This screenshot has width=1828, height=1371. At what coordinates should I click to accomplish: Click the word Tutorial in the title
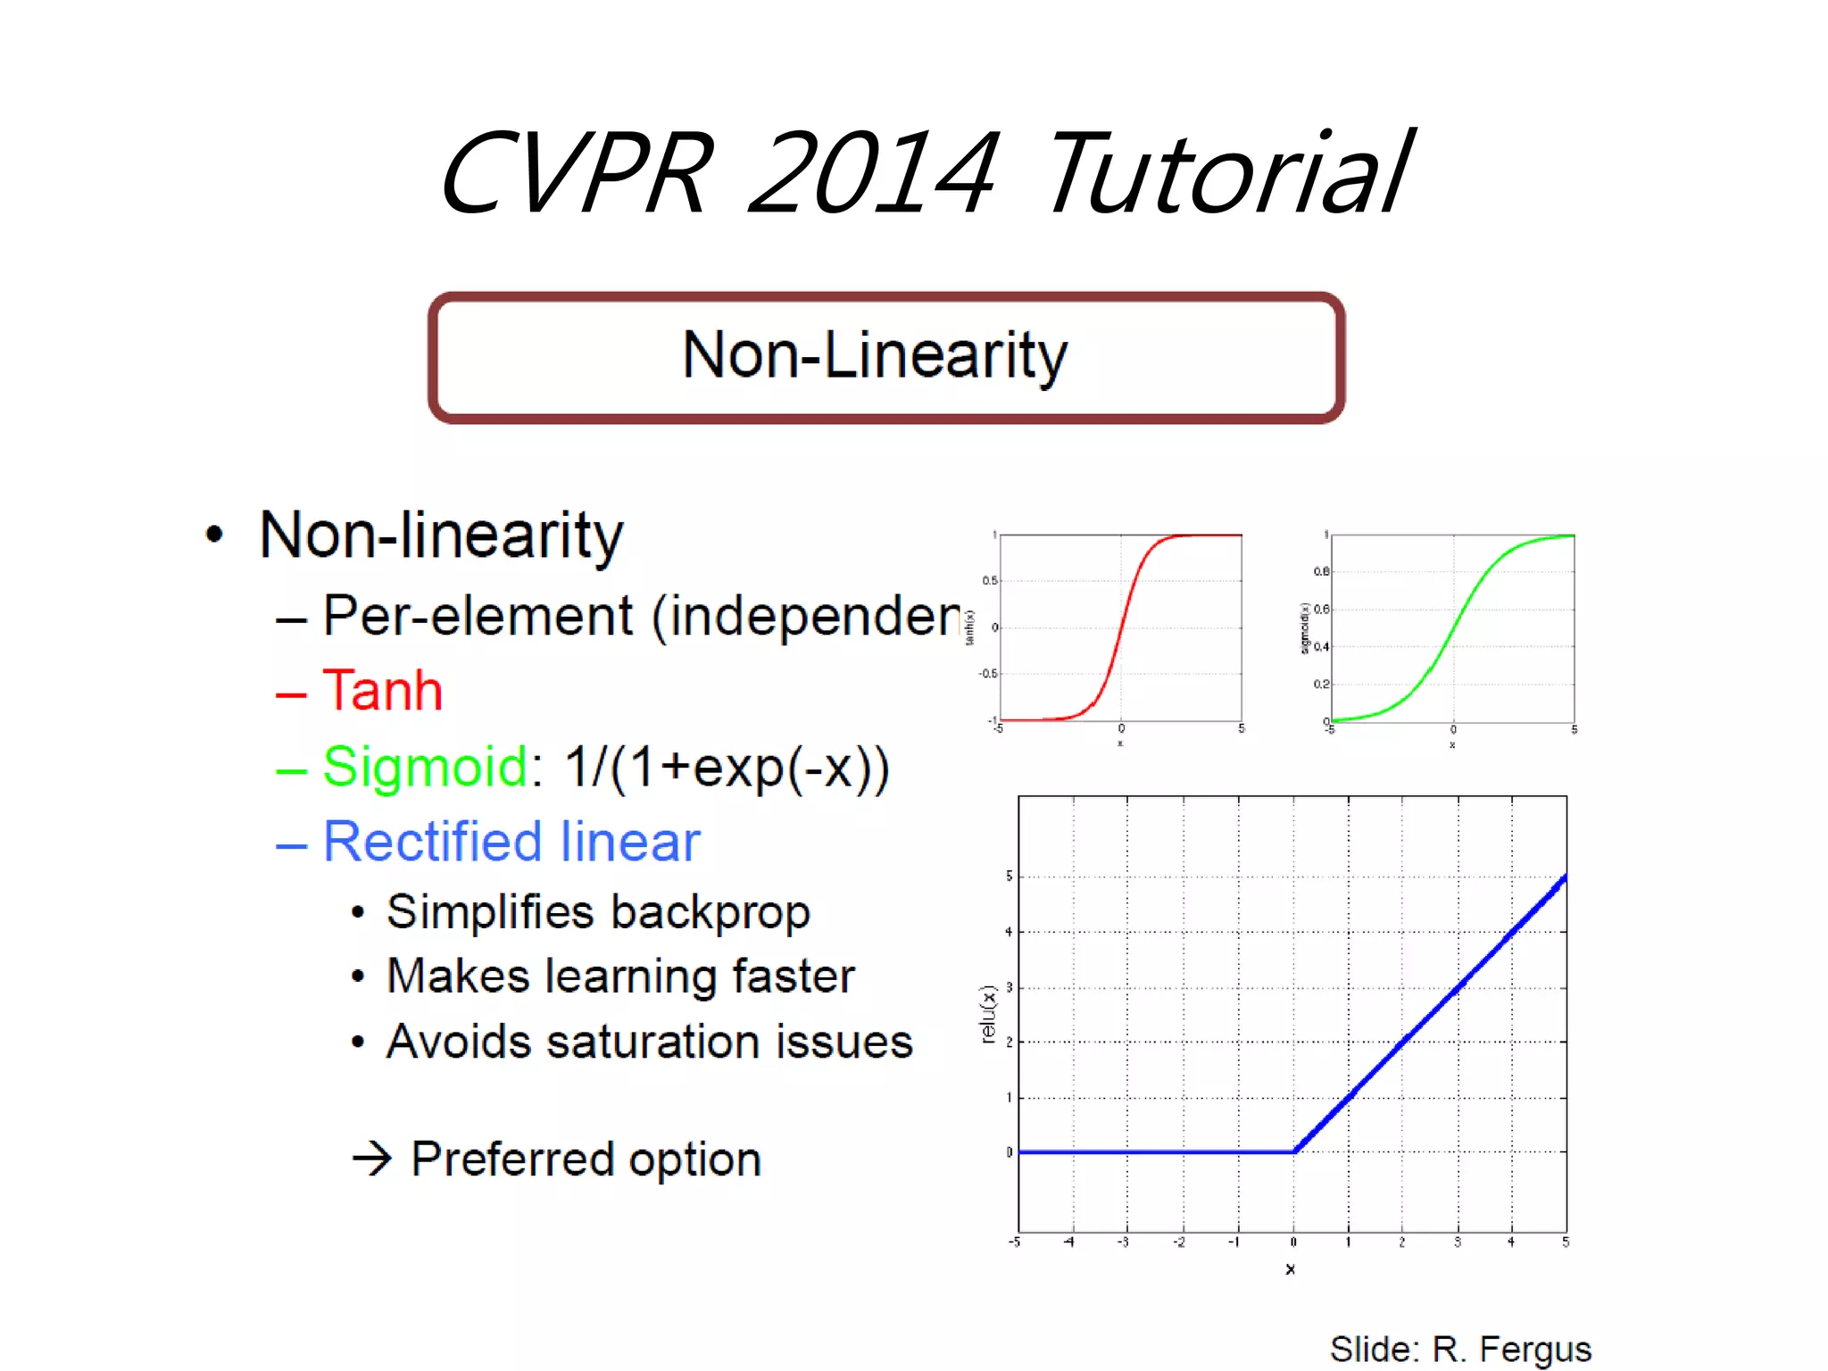(x=1227, y=174)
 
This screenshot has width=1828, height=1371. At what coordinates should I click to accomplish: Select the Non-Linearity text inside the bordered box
(x=875, y=355)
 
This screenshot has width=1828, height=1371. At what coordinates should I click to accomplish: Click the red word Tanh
(x=382, y=691)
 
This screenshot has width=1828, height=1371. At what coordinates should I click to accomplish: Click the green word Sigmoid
(x=426, y=767)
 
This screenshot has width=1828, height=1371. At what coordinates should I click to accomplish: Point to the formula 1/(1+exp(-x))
(x=727, y=768)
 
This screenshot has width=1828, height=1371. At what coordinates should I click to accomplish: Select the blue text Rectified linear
(x=511, y=842)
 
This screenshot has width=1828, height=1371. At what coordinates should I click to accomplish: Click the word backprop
(x=710, y=912)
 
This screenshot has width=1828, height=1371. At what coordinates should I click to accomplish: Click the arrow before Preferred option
(x=372, y=1159)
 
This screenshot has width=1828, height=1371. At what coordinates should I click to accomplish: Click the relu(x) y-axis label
(x=987, y=1014)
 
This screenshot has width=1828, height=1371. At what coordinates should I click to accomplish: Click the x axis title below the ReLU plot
(x=1290, y=1268)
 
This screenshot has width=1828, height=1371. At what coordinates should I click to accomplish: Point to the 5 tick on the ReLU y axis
(x=1009, y=877)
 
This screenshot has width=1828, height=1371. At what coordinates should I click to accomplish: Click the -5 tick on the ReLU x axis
(x=1014, y=1242)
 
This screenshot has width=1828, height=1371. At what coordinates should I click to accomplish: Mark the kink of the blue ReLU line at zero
(x=1294, y=1151)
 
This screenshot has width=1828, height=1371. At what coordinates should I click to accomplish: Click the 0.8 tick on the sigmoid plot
(x=1321, y=571)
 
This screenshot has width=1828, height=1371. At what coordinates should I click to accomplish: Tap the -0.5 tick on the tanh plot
(x=988, y=674)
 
